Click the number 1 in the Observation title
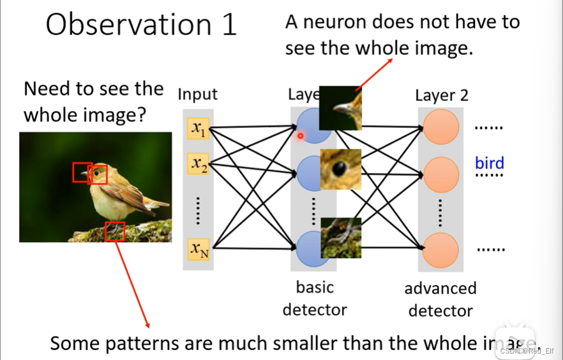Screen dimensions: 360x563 pyautogui.click(x=228, y=25)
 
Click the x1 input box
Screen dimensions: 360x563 pyautogui.click(x=198, y=128)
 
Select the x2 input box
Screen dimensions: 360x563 pyautogui.click(x=198, y=164)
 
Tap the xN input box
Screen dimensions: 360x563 pyautogui.click(x=198, y=250)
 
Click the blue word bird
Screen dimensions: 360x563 pyautogui.click(x=489, y=163)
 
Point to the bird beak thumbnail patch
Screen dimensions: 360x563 pyautogui.click(x=340, y=107)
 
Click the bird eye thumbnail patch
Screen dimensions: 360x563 pyautogui.click(x=340, y=169)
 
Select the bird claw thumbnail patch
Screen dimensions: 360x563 pyautogui.click(x=340, y=237)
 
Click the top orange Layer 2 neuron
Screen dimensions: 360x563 pyautogui.click(x=440, y=127)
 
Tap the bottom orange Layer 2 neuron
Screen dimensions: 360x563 pyautogui.click(x=440, y=250)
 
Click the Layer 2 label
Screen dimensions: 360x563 pyautogui.click(x=442, y=96)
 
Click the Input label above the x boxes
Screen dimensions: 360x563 pyautogui.click(x=198, y=94)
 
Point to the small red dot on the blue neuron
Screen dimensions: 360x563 pyautogui.click(x=300, y=136)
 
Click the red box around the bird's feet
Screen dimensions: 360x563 pyautogui.click(x=115, y=231)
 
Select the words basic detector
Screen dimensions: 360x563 pyautogui.click(x=315, y=298)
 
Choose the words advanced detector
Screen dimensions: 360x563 pyautogui.click(x=440, y=299)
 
